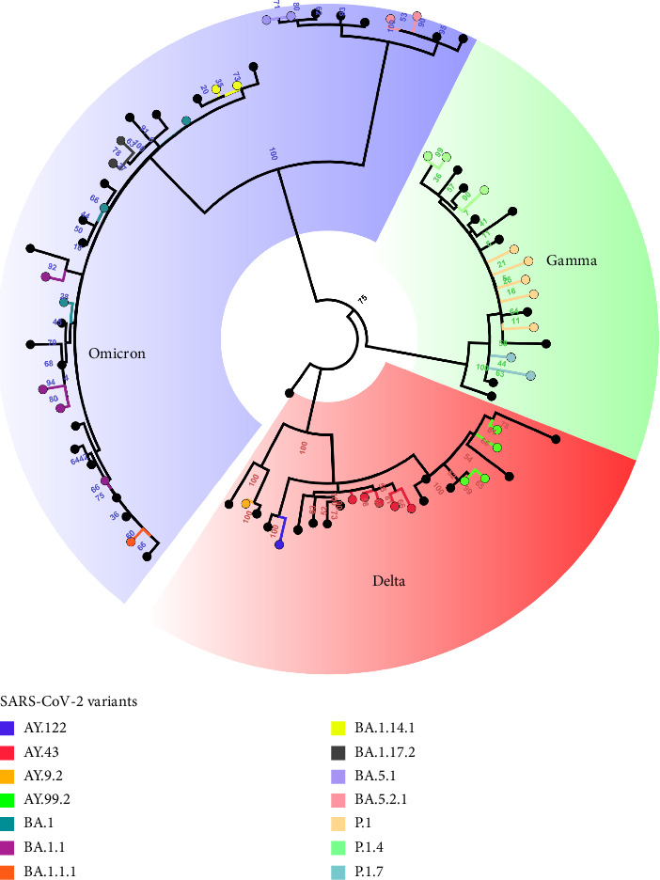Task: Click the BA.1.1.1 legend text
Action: click(x=52, y=871)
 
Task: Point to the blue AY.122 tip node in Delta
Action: click(x=279, y=545)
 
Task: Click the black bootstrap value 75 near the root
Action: click(x=362, y=300)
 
